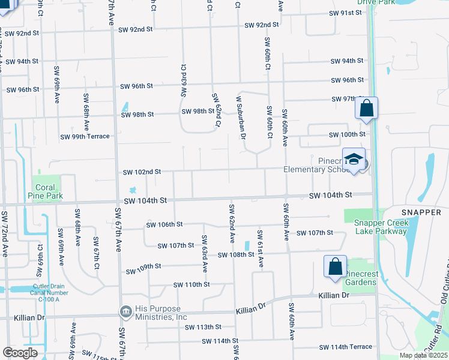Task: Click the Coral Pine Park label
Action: (44, 191)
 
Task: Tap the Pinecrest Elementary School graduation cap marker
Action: (354, 159)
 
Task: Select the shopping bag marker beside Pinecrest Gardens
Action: (335, 267)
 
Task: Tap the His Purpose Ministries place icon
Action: (126, 311)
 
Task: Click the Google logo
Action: (20, 353)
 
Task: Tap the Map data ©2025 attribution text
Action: (423, 355)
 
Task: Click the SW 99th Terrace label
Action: (85, 136)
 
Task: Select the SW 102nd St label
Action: (142, 172)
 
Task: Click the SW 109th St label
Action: (145, 266)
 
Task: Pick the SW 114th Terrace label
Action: (346, 347)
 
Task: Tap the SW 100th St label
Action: (348, 134)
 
